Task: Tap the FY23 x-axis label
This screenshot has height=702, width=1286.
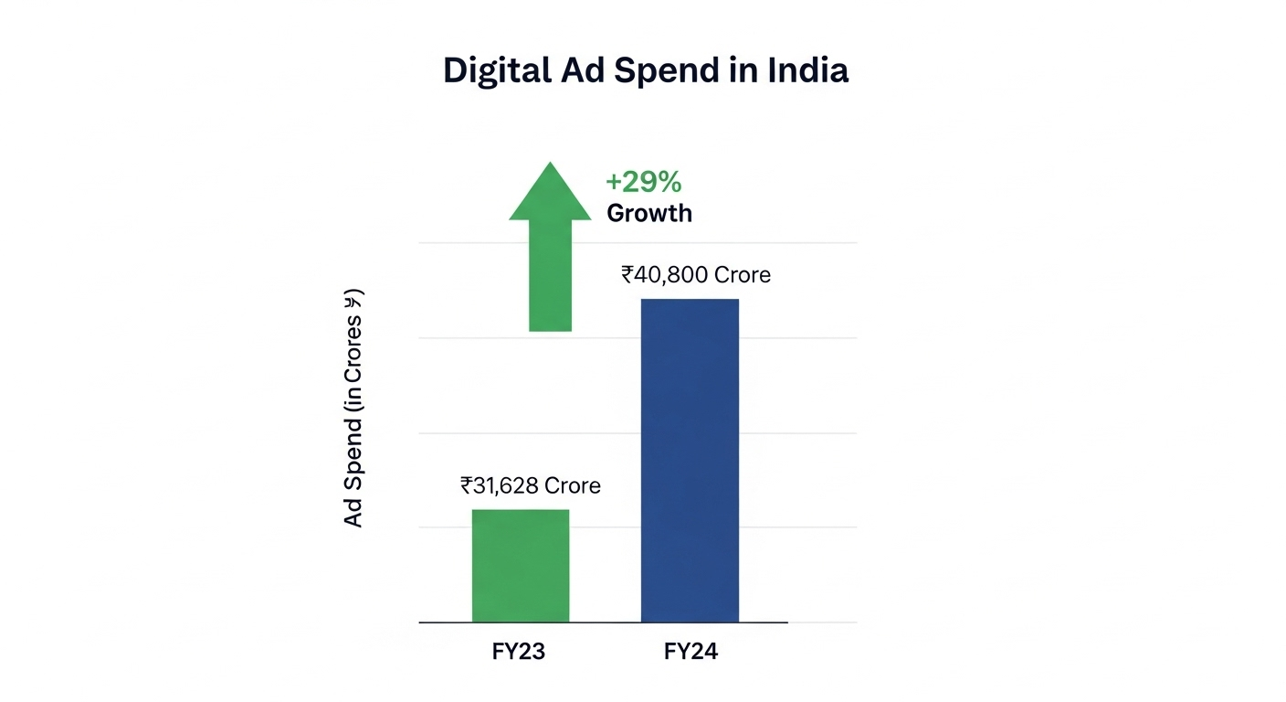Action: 518,653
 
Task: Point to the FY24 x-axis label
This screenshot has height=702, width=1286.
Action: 690,653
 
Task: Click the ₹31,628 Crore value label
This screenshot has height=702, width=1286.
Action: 531,485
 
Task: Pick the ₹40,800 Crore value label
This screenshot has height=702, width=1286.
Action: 696,274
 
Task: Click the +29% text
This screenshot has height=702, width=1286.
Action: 644,182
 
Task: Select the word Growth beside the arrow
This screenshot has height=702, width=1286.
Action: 649,214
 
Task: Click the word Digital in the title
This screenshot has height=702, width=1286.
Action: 493,71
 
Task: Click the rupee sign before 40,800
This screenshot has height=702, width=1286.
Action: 628,274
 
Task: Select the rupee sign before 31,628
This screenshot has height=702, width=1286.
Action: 467,485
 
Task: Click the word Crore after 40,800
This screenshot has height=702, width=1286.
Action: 742,274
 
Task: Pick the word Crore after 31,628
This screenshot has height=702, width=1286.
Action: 572,485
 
